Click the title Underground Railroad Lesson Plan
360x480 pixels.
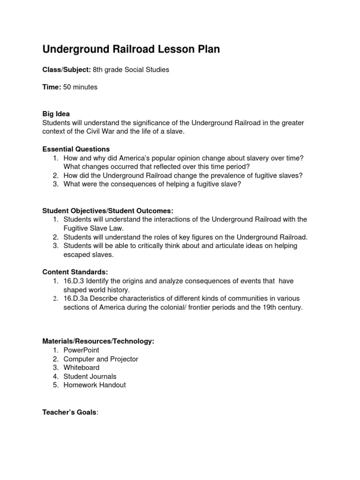click(x=131, y=49)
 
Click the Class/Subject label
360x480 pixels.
click(x=67, y=70)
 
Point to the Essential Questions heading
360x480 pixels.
click(x=76, y=149)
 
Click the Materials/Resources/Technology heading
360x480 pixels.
click(x=98, y=341)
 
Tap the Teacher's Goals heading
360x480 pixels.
click(x=70, y=412)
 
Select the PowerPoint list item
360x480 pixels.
click(x=81, y=350)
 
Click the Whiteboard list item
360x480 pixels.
click(x=82, y=367)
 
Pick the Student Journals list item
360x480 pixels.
click(x=90, y=376)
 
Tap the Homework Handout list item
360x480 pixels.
click(x=94, y=385)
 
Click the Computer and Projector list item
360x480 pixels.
click(x=101, y=359)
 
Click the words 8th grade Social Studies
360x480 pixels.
click(x=131, y=70)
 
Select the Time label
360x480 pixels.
click(x=52, y=87)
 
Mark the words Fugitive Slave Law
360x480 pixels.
click(x=93, y=228)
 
